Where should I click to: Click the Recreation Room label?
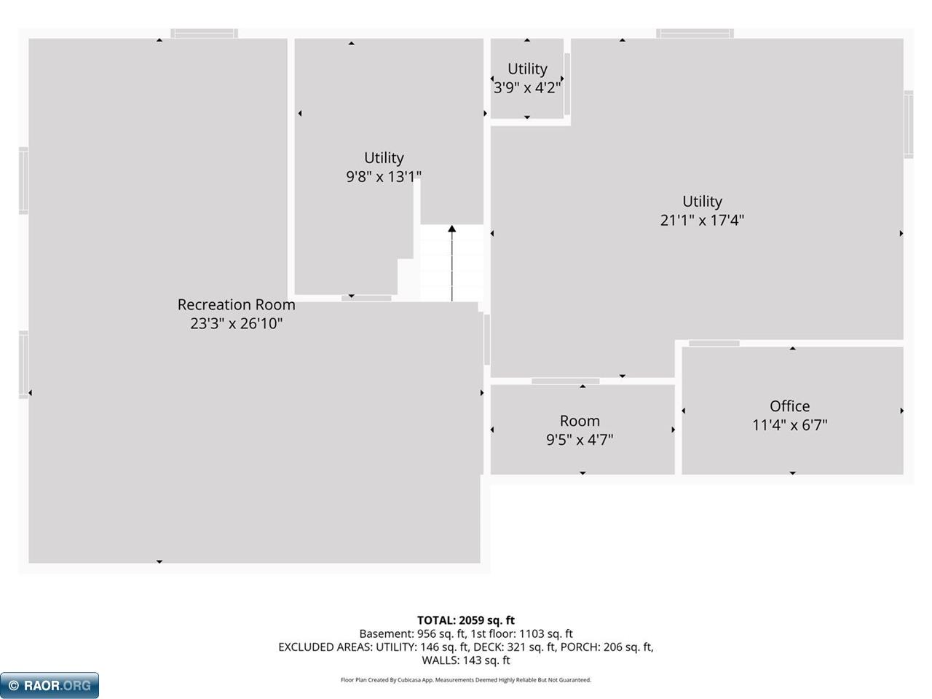236,304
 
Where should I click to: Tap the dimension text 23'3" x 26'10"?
236,323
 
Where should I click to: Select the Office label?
789,406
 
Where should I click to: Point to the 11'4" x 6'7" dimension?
790,424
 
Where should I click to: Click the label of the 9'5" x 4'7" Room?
580,421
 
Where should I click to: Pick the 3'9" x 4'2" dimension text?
527,88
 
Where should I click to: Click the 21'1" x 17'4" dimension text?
702,221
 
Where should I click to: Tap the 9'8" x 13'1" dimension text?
384,176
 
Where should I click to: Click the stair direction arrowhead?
451,229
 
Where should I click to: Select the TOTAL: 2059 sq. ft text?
466,620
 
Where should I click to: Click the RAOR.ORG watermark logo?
50,685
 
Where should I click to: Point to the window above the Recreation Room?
204,33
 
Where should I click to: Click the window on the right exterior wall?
908,125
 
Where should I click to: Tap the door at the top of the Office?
714,343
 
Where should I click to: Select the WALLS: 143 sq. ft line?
466,660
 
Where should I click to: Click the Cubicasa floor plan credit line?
466,680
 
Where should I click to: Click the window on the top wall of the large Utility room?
695,33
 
